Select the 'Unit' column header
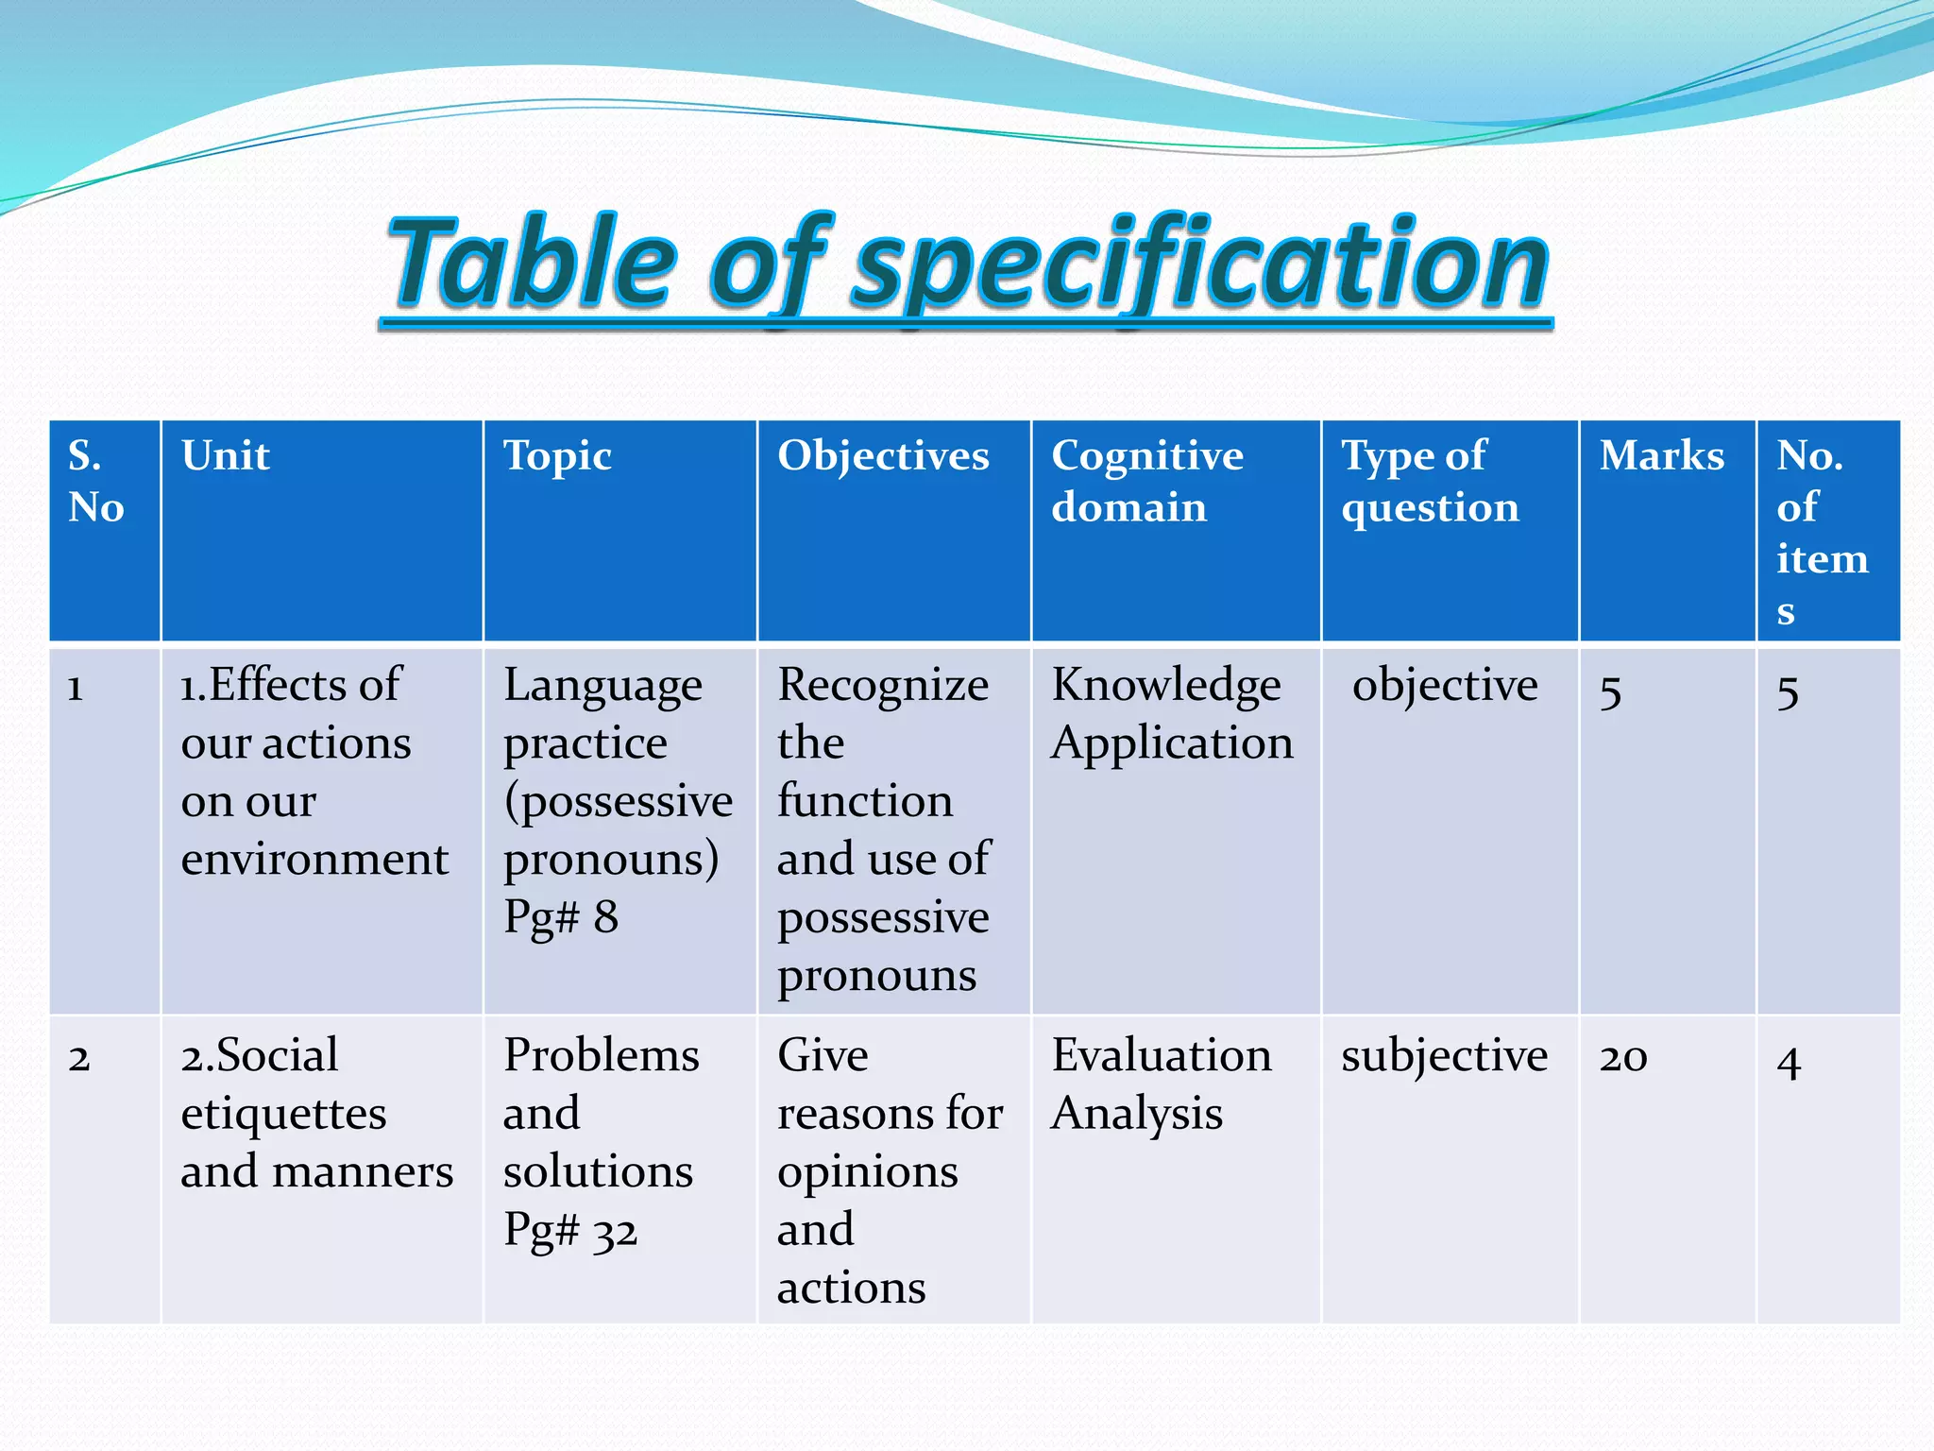tap(226, 455)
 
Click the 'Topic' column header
tap(557, 455)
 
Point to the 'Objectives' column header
tap(883, 455)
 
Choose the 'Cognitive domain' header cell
tap(1146, 481)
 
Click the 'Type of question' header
tap(1430, 481)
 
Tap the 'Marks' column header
tap(1661, 455)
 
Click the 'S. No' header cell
tap(95, 481)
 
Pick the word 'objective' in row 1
tap(1445, 685)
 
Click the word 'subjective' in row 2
tap(1444, 1056)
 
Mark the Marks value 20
tap(1623, 1057)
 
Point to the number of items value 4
tap(1789, 1061)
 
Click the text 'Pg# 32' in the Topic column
tap(570, 1231)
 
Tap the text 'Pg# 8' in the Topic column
tap(561, 917)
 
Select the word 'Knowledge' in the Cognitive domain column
tap(1166, 685)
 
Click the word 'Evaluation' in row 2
tap(1162, 1055)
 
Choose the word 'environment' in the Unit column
tap(314, 859)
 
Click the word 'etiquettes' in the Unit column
tap(283, 1114)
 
